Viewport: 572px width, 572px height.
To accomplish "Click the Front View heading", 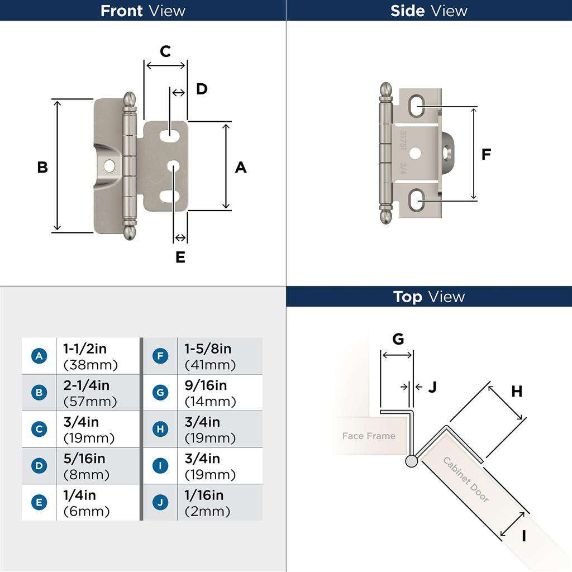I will pyautogui.click(x=142, y=11).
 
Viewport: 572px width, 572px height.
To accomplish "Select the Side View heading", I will pyautogui.click(x=428, y=11).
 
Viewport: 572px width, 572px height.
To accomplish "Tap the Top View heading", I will pyautogui.click(x=428, y=297).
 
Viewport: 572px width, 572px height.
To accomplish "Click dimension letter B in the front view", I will pyautogui.click(x=42, y=167).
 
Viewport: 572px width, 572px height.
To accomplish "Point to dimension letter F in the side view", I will pyautogui.click(x=486, y=155).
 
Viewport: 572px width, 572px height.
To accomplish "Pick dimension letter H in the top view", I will pyautogui.click(x=517, y=392).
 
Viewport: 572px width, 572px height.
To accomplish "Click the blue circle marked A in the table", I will pyautogui.click(x=39, y=356).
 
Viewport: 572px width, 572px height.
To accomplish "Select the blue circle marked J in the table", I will pyautogui.click(x=160, y=502).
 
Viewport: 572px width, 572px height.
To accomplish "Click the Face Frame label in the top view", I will pyautogui.click(x=368, y=436).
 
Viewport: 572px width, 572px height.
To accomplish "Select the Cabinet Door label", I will pyautogui.click(x=466, y=479).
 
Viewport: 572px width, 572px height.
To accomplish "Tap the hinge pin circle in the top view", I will pyautogui.click(x=412, y=461).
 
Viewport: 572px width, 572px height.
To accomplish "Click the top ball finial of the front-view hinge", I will pyautogui.click(x=130, y=99).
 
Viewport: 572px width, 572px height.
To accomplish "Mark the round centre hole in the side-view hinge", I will pyautogui.click(x=414, y=152).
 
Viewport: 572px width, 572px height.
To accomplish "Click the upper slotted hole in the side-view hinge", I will pyautogui.click(x=416, y=106).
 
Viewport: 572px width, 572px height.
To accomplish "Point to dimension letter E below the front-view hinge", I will pyautogui.click(x=180, y=258).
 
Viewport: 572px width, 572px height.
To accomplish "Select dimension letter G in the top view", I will pyautogui.click(x=398, y=339).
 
